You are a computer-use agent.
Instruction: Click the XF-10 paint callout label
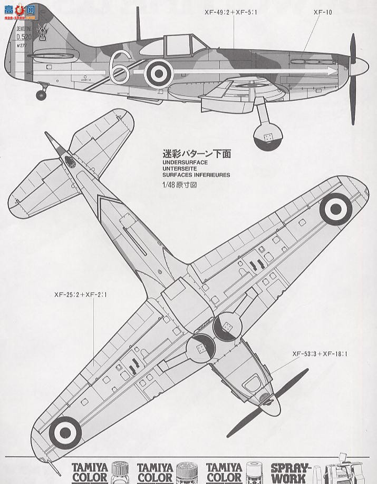pyautogui.click(x=323, y=11)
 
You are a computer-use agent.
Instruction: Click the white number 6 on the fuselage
pyautogui.click(x=120, y=67)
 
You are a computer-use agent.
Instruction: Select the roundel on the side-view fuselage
pyautogui.click(x=158, y=73)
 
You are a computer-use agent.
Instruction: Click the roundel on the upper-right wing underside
pyautogui.click(x=335, y=210)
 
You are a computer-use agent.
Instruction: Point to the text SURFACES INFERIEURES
pyautogui.click(x=196, y=175)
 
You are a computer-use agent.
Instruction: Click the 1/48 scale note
pyautogui.click(x=179, y=185)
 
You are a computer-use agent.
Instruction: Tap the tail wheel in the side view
pyautogui.click(x=41, y=95)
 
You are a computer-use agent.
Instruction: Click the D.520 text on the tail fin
pyautogui.click(x=23, y=37)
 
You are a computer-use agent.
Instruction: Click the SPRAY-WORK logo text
pyautogui.click(x=291, y=472)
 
